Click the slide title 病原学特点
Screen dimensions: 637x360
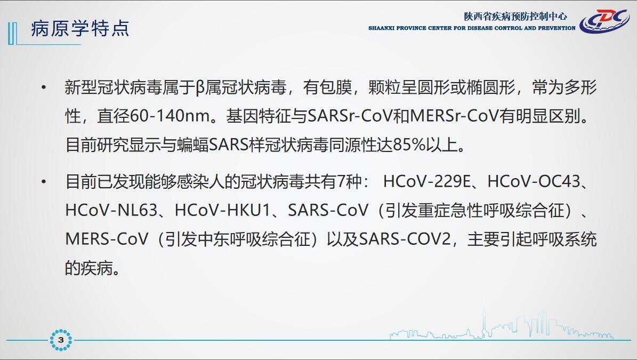(x=80, y=28)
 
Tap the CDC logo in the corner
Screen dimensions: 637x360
(x=604, y=21)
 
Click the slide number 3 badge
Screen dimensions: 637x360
(x=61, y=340)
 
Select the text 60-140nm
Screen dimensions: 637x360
(x=170, y=116)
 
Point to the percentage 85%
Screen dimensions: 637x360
(x=409, y=145)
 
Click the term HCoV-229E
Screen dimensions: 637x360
(x=426, y=181)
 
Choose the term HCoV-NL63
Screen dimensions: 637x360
(x=111, y=210)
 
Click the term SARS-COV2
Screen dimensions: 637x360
(x=405, y=239)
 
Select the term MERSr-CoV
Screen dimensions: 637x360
(x=454, y=116)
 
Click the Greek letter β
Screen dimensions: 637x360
(x=199, y=88)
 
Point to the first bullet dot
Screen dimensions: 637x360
(x=44, y=87)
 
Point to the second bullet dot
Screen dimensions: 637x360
(x=44, y=181)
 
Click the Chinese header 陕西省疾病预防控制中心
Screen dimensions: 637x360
(x=515, y=16)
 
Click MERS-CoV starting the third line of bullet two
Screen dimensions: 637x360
(x=107, y=239)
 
